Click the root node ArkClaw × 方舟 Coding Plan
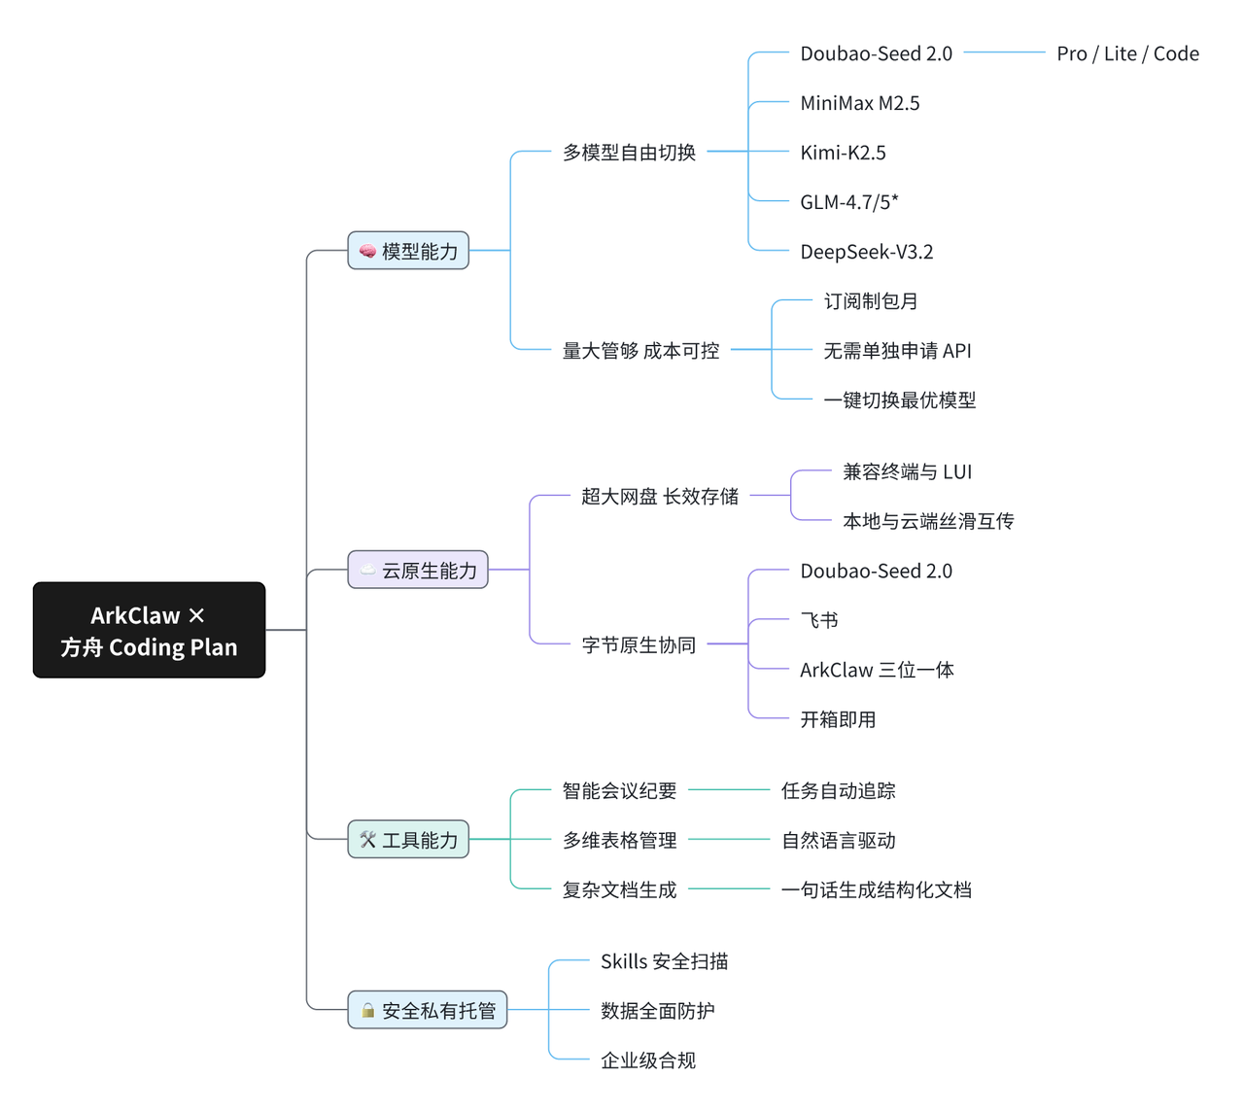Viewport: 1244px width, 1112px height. tap(149, 630)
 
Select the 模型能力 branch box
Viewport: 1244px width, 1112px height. tap(408, 251)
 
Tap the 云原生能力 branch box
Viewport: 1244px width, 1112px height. tap(418, 570)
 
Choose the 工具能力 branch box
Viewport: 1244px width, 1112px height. tap(408, 840)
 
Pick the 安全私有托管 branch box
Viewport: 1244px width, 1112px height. tap(428, 1011)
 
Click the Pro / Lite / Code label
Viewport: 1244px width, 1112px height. tap(1127, 53)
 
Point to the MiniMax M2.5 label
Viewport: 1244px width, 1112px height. tap(859, 103)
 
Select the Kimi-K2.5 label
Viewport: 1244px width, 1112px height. tap(843, 153)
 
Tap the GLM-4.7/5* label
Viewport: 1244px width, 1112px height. tap(848, 202)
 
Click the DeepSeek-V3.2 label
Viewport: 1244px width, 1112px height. tap(866, 252)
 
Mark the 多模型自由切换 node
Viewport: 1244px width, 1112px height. tap(629, 153)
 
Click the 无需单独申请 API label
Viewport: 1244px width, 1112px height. tap(897, 351)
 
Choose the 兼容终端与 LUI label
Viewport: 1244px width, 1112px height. tap(907, 472)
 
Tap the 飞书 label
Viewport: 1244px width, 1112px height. tap(818, 620)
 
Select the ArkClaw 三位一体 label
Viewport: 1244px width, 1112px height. tap(877, 670)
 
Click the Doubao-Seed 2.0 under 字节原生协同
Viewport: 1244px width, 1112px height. tap(876, 571)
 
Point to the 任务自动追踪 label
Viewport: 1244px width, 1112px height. tap(838, 791)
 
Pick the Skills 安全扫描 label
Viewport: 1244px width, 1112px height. tap(664, 961)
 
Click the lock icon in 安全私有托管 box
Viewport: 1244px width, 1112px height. tap(368, 1011)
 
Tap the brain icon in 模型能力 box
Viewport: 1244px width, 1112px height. tap(367, 252)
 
